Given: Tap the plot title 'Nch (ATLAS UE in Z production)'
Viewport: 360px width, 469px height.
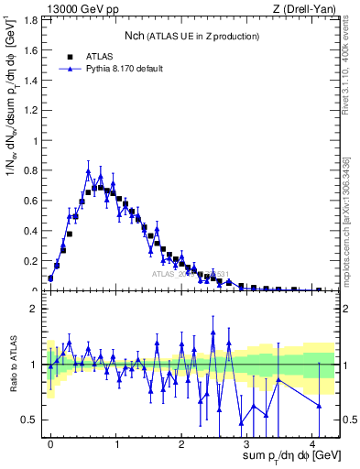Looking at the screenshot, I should [191, 36].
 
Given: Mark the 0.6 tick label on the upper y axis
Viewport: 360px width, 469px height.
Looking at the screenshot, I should [31, 201].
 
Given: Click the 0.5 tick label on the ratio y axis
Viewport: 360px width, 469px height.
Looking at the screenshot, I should [31, 420].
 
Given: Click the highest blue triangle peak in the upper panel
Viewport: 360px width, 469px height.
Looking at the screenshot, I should [88, 171].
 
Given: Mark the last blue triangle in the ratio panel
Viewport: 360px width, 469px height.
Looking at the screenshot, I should [319, 405].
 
